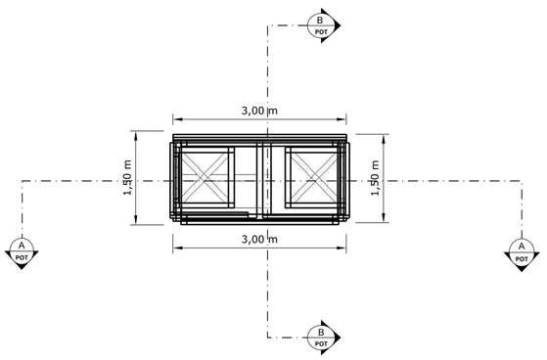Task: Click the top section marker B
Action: coord(323,25)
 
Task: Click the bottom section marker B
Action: coord(323,337)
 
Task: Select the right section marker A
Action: coord(522,254)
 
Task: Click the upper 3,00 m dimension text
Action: coord(260,111)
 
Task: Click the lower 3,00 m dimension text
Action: coord(260,240)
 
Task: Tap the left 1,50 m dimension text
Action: coord(127,178)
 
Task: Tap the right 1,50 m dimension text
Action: coord(375,178)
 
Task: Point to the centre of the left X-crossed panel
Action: coord(205,177)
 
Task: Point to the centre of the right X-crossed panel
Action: coord(314,177)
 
